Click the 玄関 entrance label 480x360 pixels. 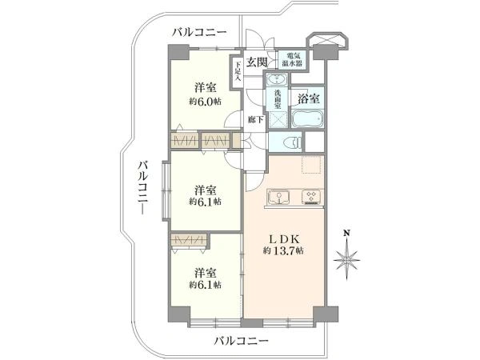257,62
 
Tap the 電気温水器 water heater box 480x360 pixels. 294,60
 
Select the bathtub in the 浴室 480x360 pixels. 307,118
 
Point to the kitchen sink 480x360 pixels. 278,196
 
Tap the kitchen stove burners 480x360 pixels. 311,197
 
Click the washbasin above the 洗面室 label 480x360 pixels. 277,79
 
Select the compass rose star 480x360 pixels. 346,260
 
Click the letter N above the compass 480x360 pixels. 346,234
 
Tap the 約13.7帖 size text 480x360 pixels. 283,251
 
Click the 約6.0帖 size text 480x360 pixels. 206,102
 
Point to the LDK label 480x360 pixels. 283,238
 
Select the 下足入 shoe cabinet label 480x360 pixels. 238,72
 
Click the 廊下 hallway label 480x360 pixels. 256,120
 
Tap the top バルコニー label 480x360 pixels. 199,32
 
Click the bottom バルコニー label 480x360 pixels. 242,341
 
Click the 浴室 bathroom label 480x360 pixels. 309,99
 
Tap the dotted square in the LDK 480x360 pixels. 312,165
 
